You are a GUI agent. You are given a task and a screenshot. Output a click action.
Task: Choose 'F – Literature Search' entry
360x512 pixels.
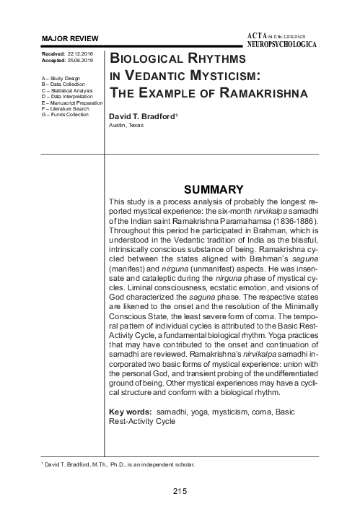pos(66,108)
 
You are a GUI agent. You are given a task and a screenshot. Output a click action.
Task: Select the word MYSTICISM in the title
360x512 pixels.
pos(220,76)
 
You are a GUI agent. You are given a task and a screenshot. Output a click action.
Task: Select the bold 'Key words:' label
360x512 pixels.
pos(130,412)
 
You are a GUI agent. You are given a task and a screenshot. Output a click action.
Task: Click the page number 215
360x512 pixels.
pos(180,492)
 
